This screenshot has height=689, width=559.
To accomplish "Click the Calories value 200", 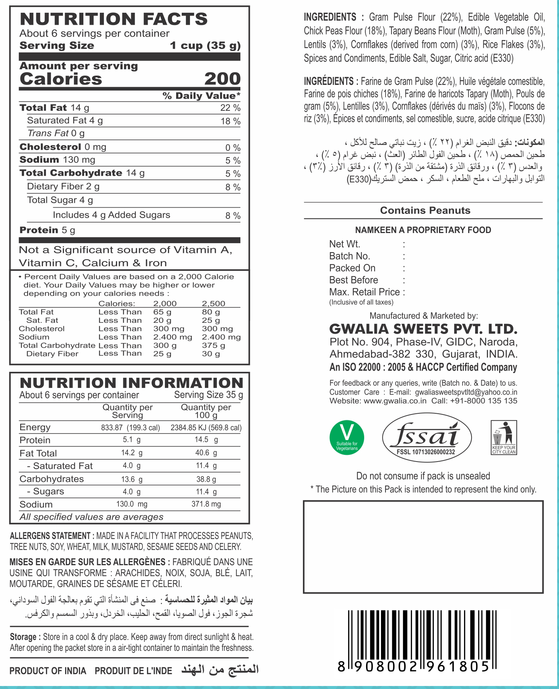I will [x=222, y=79].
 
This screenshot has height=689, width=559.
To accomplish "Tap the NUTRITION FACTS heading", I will [x=113, y=19].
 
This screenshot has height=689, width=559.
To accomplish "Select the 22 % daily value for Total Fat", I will [x=230, y=108].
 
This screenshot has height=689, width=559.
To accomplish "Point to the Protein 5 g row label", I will [x=47, y=230].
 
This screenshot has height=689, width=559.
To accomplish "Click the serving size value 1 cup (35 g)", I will [x=205, y=46].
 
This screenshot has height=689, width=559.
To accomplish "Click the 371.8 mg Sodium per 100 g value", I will [x=206, y=504].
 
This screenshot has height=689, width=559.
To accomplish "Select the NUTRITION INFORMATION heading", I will [x=131, y=383].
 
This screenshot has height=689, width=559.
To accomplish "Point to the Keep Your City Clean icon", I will [x=504, y=438].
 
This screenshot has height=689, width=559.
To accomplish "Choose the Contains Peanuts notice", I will [x=425, y=210].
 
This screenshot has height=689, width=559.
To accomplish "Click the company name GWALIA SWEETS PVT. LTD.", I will [x=423, y=329].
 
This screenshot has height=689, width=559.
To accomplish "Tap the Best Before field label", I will [x=353, y=280].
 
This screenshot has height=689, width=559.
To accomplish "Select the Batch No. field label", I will [x=350, y=256].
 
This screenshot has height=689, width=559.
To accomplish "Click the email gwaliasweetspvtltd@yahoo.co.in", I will [x=466, y=392].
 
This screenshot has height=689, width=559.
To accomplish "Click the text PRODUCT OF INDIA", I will [x=47, y=671].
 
